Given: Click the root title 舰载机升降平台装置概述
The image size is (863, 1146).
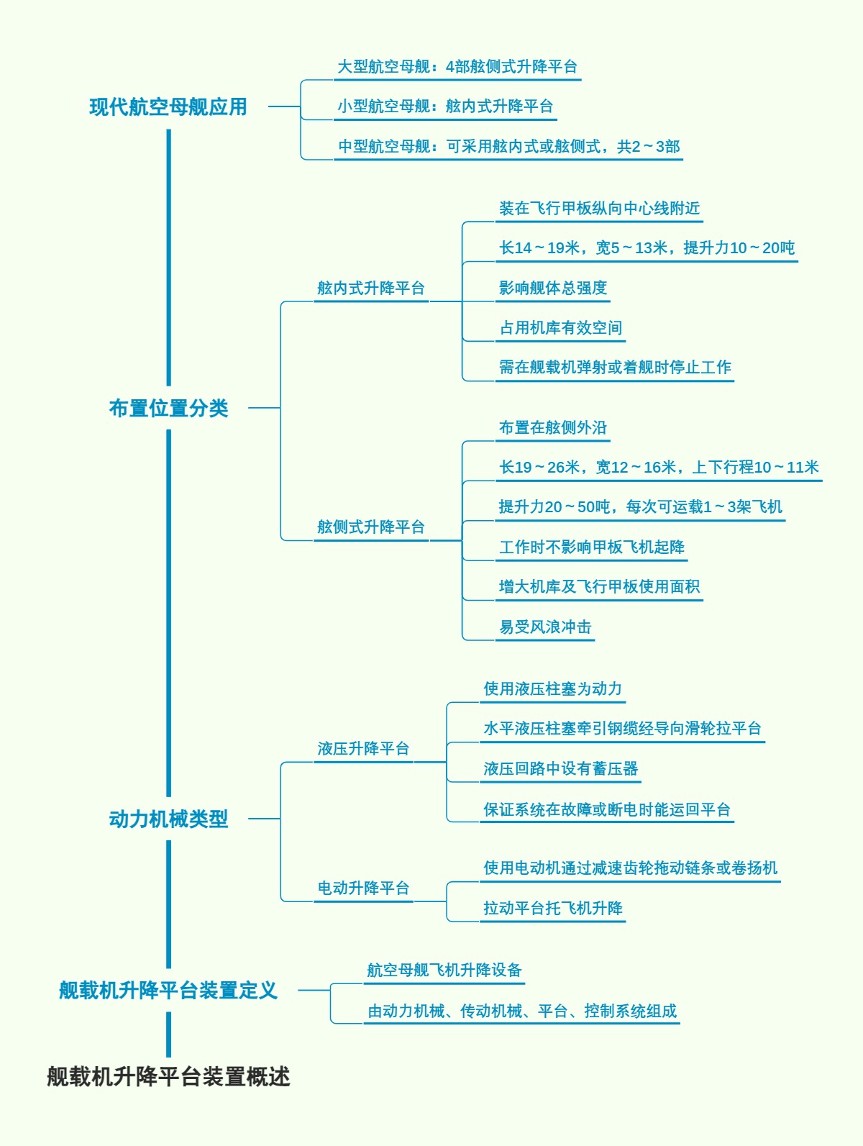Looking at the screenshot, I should coord(168,1076).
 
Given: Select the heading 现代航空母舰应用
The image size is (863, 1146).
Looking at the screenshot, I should coord(168,106).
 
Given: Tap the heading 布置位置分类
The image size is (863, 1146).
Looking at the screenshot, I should coord(168,408).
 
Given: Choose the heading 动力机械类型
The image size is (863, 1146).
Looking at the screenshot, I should coord(168,819).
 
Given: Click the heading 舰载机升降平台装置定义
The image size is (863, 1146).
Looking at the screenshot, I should coord(168,990).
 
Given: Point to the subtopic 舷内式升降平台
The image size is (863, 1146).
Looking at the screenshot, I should coord(371,288).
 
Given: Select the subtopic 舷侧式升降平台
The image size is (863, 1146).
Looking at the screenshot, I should coord(371,527).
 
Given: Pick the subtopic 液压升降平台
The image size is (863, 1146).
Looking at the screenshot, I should coord(363,748).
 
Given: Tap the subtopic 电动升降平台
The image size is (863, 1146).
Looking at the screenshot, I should coord(363,888).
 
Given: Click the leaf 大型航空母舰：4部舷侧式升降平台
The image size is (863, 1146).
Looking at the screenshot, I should coord(457,67).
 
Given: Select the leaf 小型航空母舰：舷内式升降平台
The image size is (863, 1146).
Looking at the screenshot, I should coord(445,106).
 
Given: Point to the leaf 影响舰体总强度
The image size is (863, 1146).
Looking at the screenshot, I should coord(553,288).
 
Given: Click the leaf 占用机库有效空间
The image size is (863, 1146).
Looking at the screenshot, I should coord(561,328).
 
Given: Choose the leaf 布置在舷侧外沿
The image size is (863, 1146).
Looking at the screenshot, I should coord(553,427).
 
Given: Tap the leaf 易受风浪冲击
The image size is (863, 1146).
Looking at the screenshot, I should coord(545,627).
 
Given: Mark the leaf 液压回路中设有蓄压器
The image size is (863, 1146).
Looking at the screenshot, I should coord(561,768).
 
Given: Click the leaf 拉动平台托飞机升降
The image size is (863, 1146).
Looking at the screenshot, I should coord(553,908).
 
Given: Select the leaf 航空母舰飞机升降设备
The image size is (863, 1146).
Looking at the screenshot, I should coord(444,970).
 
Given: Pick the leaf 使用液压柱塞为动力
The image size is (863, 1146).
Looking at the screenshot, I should coord(552,688).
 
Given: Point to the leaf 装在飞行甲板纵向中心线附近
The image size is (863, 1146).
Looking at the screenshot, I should coord(599,208).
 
